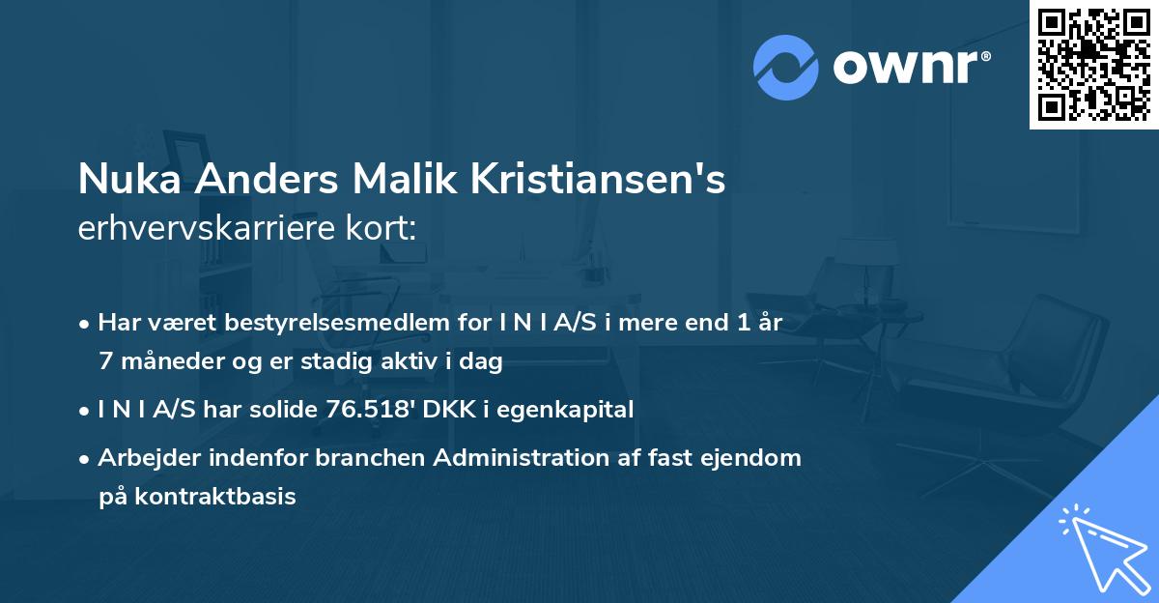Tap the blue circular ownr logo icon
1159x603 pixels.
(786, 68)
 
